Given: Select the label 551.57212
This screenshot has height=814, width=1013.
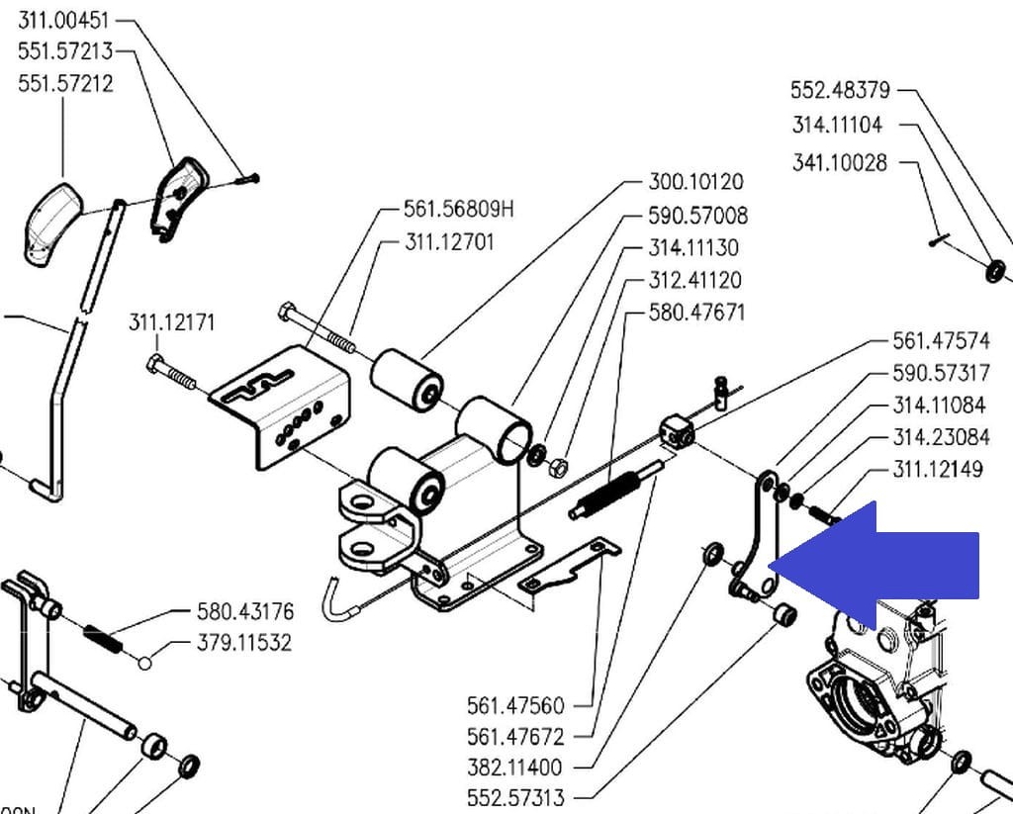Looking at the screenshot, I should (x=65, y=83).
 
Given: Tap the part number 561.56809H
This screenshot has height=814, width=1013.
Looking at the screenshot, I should (x=460, y=210).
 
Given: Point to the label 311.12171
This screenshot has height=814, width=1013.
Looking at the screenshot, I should (x=171, y=323).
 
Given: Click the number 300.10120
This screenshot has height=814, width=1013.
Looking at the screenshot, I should (x=696, y=182).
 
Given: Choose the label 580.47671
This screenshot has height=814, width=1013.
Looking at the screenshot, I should (x=696, y=313).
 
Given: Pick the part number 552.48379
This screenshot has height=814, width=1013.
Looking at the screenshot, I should (x=840, y=90).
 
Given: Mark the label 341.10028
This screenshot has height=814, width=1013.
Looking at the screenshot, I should (x=840, y=162).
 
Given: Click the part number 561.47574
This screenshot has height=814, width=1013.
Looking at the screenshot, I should (x=941, y=341).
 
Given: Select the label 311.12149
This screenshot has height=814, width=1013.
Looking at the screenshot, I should (x=938, y=469).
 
